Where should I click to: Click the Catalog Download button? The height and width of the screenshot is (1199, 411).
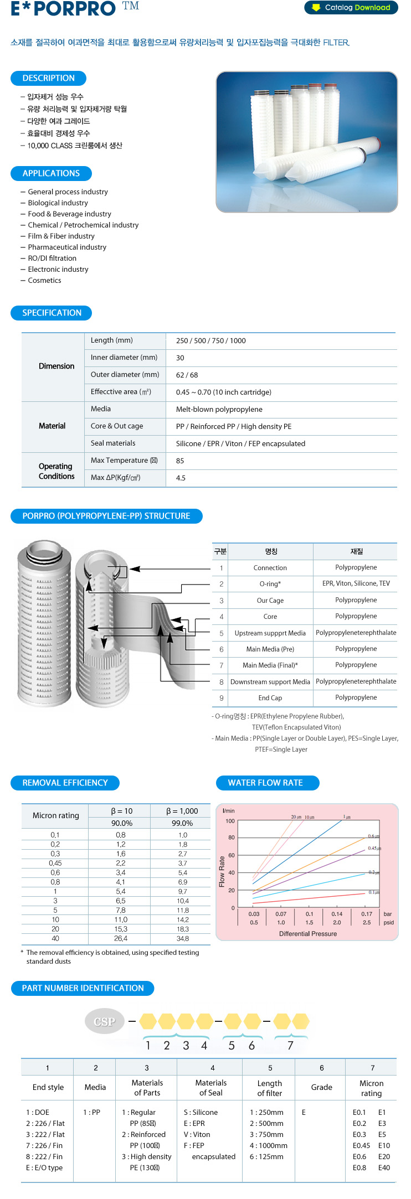pos(351,8)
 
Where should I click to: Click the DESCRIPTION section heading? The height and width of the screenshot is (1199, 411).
pos(48,78)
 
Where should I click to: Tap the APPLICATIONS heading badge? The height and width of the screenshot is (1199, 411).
pos(51,173)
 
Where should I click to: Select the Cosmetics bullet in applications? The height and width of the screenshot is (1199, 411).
pos(44,280)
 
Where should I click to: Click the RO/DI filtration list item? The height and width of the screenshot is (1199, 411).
pos(52,258)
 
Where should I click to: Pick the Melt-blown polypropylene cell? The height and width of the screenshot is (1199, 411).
pos(219,410)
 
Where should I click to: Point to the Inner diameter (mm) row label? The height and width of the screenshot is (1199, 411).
pos(124,358)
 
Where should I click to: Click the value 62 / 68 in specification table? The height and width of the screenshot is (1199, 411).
pos(187,375)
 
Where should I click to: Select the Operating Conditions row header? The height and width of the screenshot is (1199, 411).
pos(56,471)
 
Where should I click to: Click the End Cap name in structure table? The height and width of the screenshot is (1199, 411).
pos(270,698)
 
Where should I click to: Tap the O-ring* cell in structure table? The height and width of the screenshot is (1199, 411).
pos(270,584)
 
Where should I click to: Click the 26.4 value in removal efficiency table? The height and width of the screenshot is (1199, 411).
pos(121,938)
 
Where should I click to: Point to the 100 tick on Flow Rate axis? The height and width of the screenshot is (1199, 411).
pos(230,821)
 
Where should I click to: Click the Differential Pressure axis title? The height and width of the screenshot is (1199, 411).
pos(308,934)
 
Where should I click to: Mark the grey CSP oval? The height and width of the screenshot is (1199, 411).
pos(104,1022)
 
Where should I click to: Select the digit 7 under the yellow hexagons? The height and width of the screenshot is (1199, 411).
pos(290,1046)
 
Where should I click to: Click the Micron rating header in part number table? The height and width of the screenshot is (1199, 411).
pos(371,1088)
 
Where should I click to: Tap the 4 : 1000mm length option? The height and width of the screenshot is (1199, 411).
pos(269,1145)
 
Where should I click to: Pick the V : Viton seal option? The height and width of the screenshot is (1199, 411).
pos(197,1134)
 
